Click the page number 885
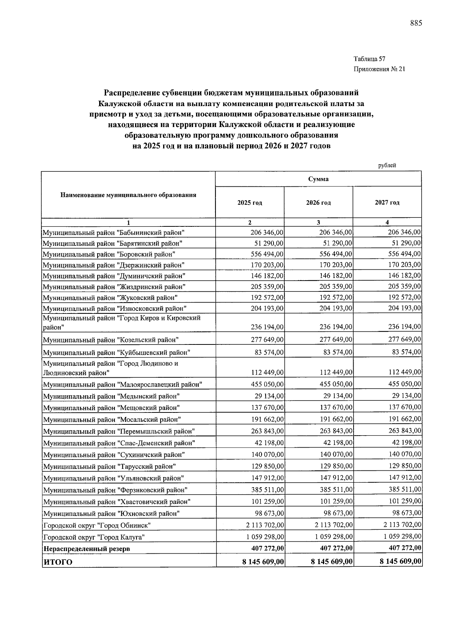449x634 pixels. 416,24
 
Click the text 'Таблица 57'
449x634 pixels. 369,59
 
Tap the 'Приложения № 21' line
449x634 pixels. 379,69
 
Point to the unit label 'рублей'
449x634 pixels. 387,166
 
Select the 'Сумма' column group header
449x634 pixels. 318,179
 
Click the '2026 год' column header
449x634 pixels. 318,203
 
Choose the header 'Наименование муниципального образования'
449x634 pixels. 128,195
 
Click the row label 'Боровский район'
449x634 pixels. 109,254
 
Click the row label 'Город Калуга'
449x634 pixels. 94,537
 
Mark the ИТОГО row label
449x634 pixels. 58,562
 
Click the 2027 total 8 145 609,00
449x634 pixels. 400,561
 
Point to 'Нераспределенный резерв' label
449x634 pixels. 87,549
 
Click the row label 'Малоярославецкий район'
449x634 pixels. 123,384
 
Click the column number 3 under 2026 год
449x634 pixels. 318,223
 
